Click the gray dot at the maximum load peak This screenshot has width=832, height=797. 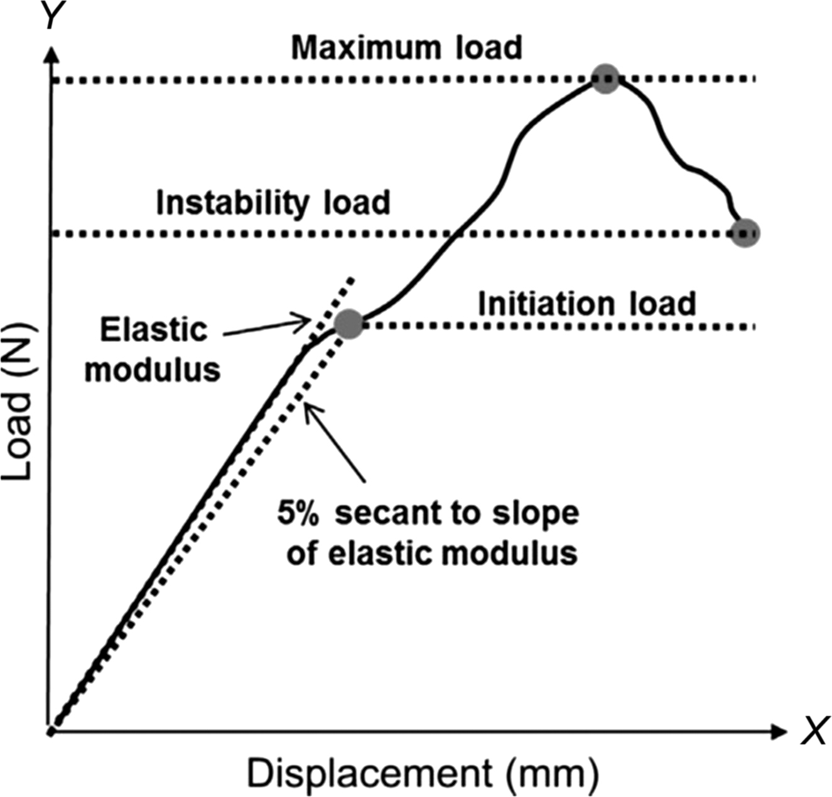pyautogui.click(x=606, y=79)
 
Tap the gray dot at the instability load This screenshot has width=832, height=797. pyautogui.click(x=745, y=233)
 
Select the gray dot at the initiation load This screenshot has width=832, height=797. pyautogui.click(x=348, y=324)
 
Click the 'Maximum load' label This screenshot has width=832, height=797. pyautogui.click(x=406, y=48)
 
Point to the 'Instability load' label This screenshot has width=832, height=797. pyautogui.click(x=273, y=203)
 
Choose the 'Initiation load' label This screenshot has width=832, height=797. pyautogui.click(x=586, y=304)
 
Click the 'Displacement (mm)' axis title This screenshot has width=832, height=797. pyautogui.click(x=422, y=773)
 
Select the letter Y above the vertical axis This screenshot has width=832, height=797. pyautogui.click(x=53, y=15)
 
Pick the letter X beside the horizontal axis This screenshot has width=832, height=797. pyautogui.click(x=814, y=731)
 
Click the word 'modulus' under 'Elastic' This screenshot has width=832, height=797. pyautogui.click(x=153, y=370)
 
